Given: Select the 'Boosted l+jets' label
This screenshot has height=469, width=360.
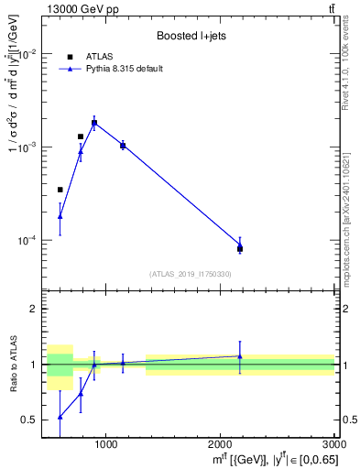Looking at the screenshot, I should [x=191, y=36].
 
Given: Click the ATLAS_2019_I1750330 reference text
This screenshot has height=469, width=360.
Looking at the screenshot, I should [x=191, y=274].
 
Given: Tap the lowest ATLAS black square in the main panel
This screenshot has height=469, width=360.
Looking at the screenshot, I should [x=240, y=248].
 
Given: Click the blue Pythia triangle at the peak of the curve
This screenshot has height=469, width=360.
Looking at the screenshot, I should [x=94, y=122].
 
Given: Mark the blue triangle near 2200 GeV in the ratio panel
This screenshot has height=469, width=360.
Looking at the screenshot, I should [x=240, y=356].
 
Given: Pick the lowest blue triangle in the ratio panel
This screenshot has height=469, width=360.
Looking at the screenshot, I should [x=60, y=417].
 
